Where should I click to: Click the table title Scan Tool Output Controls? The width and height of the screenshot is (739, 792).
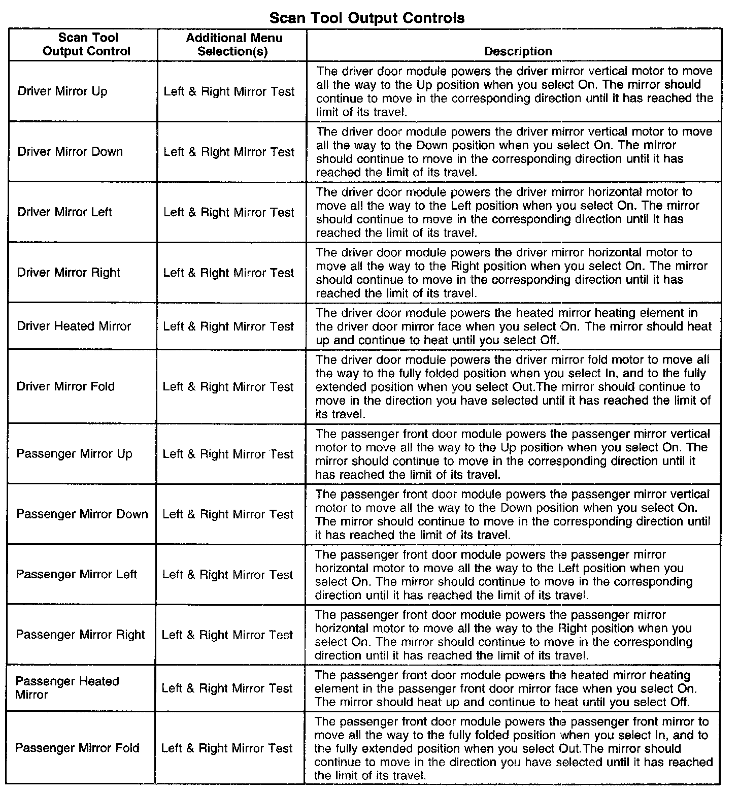(366, 18)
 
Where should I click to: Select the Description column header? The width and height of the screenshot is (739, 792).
(518, 51)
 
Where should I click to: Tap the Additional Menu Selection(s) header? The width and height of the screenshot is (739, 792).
(233, 45)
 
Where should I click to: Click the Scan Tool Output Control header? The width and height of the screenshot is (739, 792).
(87, 45)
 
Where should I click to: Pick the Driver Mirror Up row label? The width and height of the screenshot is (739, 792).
(62, 91)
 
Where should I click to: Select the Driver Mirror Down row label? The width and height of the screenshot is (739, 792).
(70, 152)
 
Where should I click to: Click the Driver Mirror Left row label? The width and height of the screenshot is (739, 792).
(64, 212)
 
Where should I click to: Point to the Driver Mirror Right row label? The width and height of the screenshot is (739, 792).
(69, 273)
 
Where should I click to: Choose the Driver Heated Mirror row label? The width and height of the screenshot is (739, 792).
(74, 326)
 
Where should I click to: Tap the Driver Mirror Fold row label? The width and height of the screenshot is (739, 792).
(66, 386)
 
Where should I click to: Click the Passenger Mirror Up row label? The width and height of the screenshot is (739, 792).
(74, 454)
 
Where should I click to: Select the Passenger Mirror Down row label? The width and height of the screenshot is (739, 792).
(82, 514)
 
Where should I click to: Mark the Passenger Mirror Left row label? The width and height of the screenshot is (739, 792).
(77, 575)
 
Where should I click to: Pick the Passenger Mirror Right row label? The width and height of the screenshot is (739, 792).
(80, 635)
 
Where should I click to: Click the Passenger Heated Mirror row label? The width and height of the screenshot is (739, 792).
(67, 688)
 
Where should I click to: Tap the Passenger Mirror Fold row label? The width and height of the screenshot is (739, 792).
(77, 748)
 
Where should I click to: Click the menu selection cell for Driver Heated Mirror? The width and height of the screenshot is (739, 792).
(228, 326)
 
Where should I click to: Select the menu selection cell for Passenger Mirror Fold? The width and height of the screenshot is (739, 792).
(227, 748)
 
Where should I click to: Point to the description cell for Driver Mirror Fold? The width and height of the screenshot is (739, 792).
(513, 387)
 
